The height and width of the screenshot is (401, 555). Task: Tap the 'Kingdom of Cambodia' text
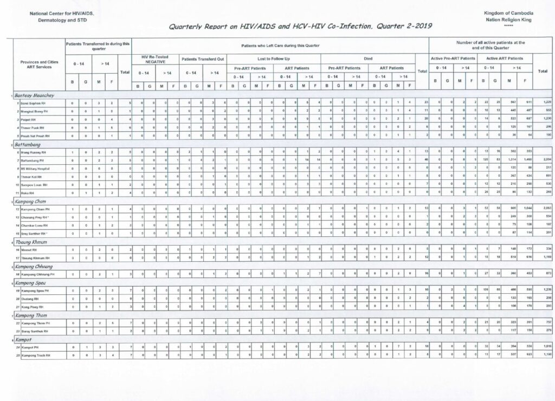[x=509, y=12]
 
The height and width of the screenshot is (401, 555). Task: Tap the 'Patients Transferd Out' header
[x=203, y=59]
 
